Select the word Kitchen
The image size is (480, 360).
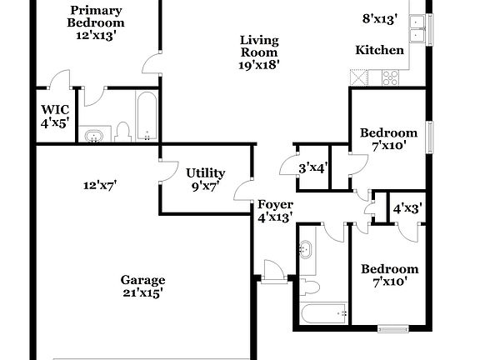click(x=380, y=50)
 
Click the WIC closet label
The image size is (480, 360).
click(x=55, y=110)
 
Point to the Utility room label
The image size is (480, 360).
click(x=205, y=173)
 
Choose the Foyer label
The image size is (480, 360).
click(x=274, y=205)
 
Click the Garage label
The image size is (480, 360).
click(x=142, y=280)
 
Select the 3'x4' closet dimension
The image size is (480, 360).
click(x=313, y=167)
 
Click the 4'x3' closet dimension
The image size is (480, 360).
click(x=407, y=208)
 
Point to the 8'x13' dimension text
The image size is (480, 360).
click(x=380, y=17)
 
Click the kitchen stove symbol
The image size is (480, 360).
click(x=390, y=77)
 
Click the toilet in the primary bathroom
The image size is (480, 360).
click(x=123, y=132)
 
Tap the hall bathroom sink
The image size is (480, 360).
click(x=305, y=249)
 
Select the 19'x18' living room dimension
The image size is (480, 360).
click(x=259, y=63)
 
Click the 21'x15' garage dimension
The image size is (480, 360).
click(x=142, y=292)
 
